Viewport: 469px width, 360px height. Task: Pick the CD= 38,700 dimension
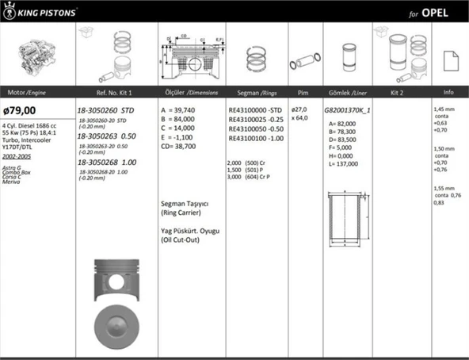click(185, 147)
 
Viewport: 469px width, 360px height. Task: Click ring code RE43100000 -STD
click(254, 110)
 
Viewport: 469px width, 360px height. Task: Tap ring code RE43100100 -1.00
click(254, 138)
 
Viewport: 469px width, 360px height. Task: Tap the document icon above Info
click(449, 59)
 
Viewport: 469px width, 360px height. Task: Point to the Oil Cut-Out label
click(186, 239)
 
